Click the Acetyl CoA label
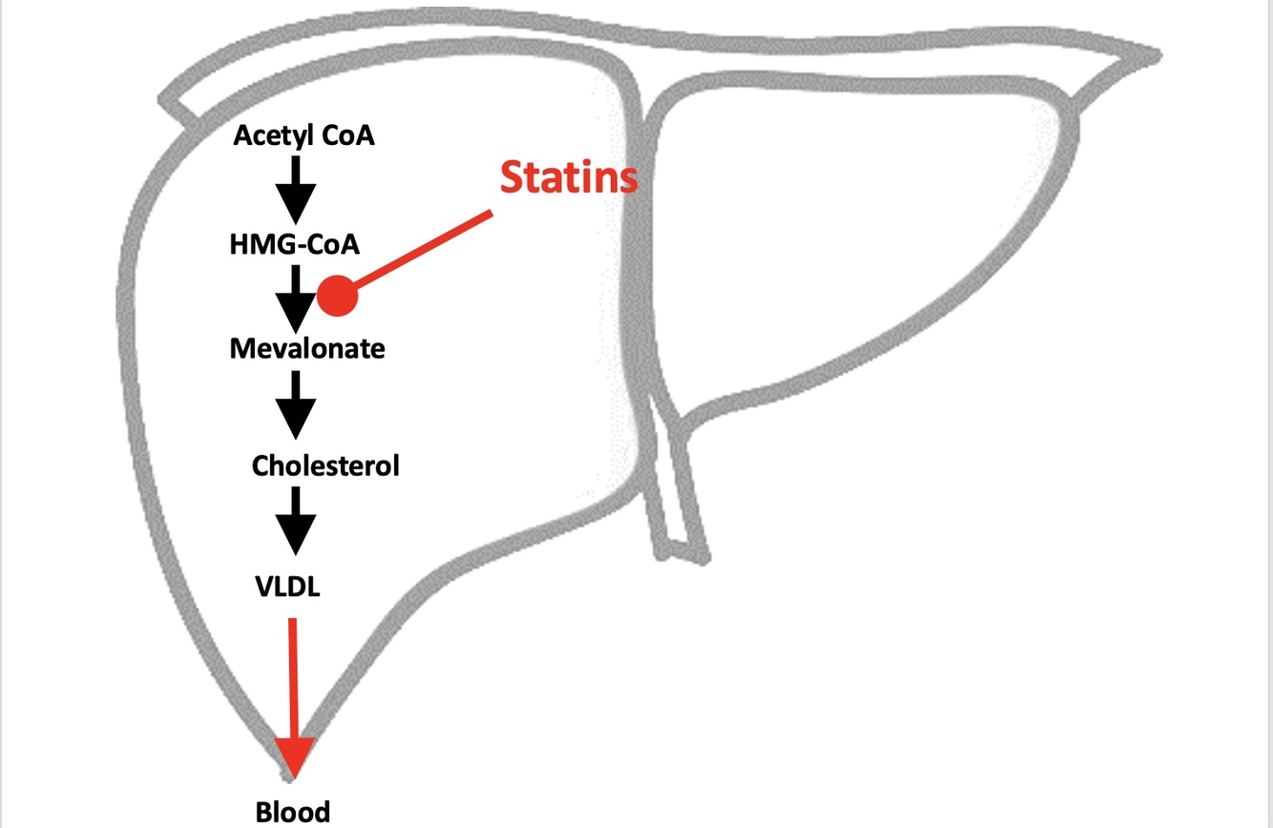(x=304, y=135)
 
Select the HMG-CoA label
(x=295, y=244)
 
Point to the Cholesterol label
(x=325, y=466)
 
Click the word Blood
(x=293, y=812)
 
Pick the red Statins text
(x=569, y=177)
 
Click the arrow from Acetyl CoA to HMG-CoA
(x=296, y=188)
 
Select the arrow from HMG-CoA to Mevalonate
(x=296, y=297)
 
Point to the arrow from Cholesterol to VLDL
(x=296, y=520)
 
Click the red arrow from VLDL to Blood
(x=293, y=677)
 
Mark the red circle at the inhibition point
(x=338, y=296)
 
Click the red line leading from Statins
(x=425, y=250)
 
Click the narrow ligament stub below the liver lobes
(x=678, y=496)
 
